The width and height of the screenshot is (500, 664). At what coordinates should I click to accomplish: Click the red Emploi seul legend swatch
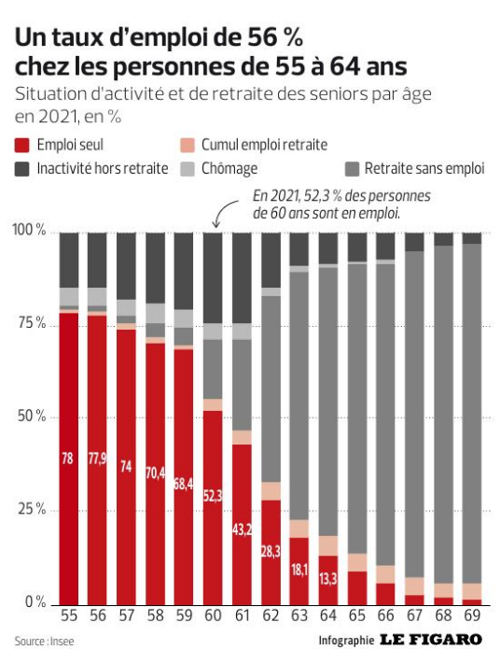pyautogui.click(x=22, y=145)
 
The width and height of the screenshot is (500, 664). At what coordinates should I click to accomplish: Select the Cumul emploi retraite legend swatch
pyautogui.click(x=187, y=145)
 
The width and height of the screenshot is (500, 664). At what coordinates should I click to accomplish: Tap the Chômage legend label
pyautogui.click(x=229, y=168)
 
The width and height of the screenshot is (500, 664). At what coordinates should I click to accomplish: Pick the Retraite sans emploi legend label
pyautogui.click(x=424, y=168)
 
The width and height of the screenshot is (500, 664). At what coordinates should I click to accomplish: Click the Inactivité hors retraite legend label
pyautogui.click(x=103, y=168)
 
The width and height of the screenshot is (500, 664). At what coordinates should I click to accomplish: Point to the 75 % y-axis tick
pyautogui.click(x=32, y=323)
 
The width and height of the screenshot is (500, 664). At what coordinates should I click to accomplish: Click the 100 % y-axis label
pyautogui.click(x=29, y=230)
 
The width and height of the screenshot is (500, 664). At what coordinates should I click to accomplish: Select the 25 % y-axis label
pyautogui.click(x=32, y=509)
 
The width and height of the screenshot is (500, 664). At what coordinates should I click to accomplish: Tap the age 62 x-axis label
pyautogui.click(x=271, y=615)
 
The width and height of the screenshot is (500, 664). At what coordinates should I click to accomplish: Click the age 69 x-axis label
pyautogui.click(x=472, y=615)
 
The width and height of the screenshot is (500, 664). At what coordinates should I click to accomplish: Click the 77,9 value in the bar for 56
pyautogui.click(x=97, y=459)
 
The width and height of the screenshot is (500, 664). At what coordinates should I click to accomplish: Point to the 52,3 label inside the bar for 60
pyautogui.click(x=213, y=496)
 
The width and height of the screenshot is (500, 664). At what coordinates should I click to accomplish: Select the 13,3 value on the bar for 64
pyautogui.click(x=328, y=578)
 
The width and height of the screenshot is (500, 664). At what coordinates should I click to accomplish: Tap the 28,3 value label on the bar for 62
pyautogui.click(x=271, y=552)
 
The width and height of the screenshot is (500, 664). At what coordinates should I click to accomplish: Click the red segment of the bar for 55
pyautogui.click(x=68, y=459)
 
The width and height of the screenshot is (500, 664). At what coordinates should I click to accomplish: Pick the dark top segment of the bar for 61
pyautogui.click(x=242, y=278)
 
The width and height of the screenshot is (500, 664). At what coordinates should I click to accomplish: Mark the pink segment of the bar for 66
pyautogui.click(x=386, y=574)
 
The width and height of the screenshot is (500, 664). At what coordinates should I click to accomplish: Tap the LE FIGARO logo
pyautogui.click(x=431, y=640)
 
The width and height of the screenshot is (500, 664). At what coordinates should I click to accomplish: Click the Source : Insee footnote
pyautogui.click(x=45, y=642)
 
